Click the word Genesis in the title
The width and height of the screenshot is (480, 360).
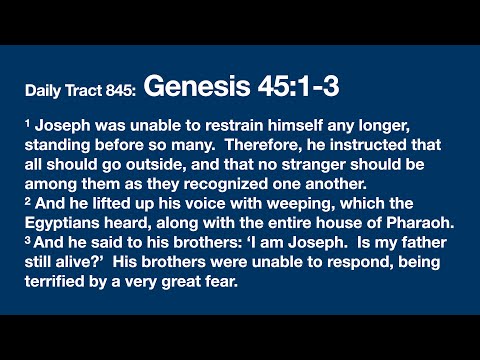[x=192, y=88]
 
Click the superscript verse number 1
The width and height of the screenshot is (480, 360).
[x=28, y=121]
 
